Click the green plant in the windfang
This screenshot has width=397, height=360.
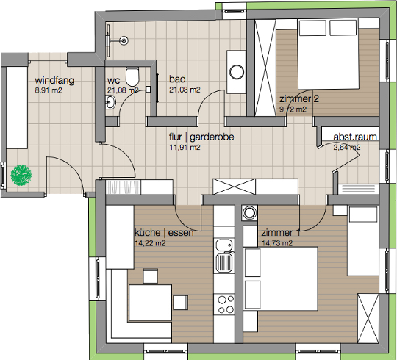coord(21,176)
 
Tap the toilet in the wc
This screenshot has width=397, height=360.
coord(132,76)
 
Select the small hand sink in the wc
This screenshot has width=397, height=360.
coord(110,102)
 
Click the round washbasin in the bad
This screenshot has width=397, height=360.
coord(237,72)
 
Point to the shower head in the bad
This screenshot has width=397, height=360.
coord(124,40)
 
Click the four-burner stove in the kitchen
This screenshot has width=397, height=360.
coord(224,304)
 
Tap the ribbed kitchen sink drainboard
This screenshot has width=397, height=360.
coord(223,262)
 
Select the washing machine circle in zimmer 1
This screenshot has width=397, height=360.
coord(250,212)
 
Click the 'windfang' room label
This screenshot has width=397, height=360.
coord(54,81)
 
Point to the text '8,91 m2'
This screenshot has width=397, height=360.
coord(49,90)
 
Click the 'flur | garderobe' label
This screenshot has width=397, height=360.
coord(201,137)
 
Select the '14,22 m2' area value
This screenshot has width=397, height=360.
coord(150,243)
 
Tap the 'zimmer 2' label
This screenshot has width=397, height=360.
coord(299,99)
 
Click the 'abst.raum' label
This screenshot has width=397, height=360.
coord(355,137)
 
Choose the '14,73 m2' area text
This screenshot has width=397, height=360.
coord(277,243)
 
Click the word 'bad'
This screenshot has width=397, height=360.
coord(177,79)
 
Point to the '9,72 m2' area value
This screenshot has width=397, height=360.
coord(293,109)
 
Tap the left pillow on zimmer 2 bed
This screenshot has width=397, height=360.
coord(312,28)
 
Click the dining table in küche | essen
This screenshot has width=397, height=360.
coord(151,303)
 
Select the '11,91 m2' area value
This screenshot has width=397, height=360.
coord(185,147)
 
